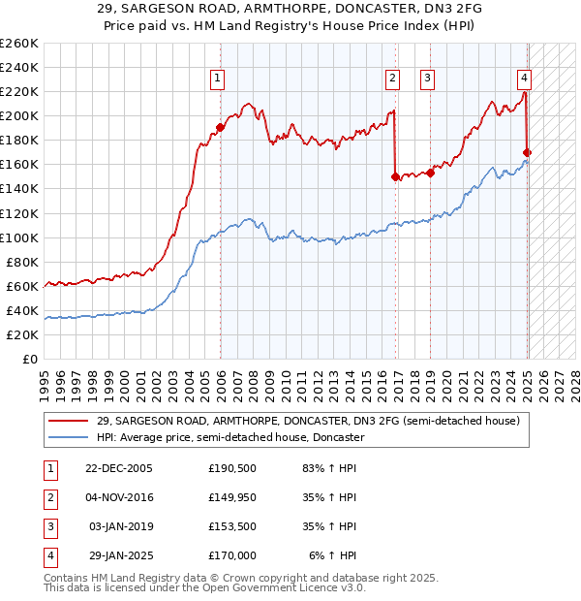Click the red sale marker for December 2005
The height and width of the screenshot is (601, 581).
click(221, 127)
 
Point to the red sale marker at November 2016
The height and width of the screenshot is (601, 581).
click(395, 176)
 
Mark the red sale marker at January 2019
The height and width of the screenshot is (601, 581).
click(430, 173)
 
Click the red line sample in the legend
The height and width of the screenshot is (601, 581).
click(69, 421)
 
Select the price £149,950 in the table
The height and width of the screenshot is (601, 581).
click(232, 498)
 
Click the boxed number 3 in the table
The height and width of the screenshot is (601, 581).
click(49, 527)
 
